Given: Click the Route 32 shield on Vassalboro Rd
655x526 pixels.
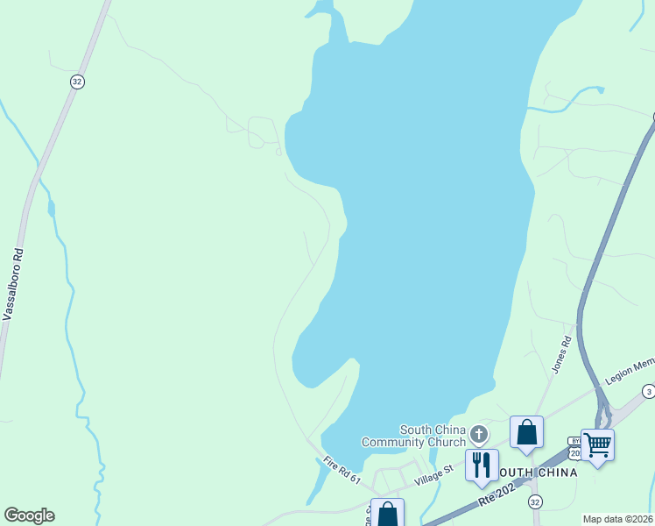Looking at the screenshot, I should [77, 82].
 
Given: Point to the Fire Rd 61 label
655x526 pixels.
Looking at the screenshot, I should [341, 470].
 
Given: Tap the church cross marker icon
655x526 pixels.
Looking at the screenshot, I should [478, 433].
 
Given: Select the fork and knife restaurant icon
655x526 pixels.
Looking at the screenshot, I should [481, 464].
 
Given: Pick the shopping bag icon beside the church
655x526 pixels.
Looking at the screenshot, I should [526, 431].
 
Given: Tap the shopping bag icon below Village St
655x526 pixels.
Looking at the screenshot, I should [388, 514].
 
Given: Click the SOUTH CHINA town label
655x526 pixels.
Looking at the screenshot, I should [538, 473].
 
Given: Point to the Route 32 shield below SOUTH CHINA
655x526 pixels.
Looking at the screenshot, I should [535, 501].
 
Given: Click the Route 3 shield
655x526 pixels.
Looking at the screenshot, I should [648, 391].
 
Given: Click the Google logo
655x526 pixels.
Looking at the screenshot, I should [29, 515].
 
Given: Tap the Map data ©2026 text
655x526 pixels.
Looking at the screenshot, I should [618, 519].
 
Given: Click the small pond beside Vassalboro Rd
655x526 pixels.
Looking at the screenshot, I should [51, 209].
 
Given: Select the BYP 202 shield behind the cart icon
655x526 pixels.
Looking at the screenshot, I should [575, 447].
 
